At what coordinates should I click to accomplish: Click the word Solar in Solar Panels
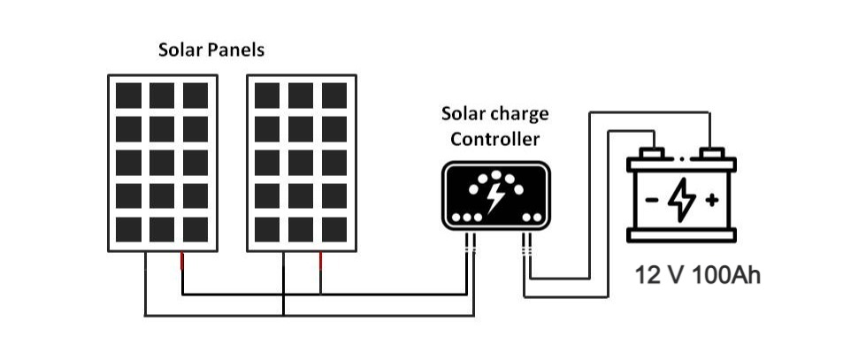[180, 50]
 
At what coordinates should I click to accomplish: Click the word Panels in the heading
[236, 50]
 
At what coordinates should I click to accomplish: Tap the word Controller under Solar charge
[494, 139]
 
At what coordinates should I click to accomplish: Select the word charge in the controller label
[523, 114]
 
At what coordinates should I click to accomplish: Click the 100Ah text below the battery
[726, 276]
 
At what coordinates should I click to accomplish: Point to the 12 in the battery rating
[647, 276]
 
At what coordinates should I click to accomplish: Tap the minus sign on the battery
[652, 201]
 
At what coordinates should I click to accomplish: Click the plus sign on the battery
[712, 201]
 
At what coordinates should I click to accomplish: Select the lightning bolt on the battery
[682, 200]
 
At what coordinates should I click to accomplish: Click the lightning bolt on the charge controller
[495, 198]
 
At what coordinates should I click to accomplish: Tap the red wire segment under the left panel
[182, 261]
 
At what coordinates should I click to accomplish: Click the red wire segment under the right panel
[320, 261]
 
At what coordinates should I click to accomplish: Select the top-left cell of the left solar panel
[128, 96]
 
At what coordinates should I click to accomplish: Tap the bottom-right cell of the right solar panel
[334, 229]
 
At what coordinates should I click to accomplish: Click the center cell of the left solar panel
[162, 163]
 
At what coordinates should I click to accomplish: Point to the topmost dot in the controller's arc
[495, 175]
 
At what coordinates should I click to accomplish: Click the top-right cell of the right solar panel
[334, 96]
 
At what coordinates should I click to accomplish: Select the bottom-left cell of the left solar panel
[128, 229]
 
